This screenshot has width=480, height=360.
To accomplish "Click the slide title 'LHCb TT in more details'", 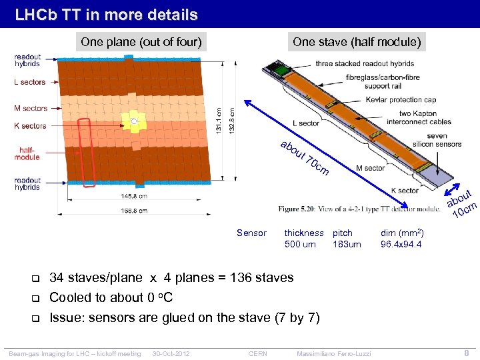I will [x=107, y=14].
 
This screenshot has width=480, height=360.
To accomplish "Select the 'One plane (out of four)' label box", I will [x=141, y=42].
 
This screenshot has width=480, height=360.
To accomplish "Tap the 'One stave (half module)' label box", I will [x=357, y=42].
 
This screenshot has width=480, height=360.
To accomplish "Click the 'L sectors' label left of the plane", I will [x=30, y=82].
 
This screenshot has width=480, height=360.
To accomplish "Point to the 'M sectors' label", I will [x=31, y=108].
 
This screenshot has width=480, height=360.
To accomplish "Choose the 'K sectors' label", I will [x=30, y=125].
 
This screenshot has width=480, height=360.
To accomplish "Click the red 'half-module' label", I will [x=27, y=154].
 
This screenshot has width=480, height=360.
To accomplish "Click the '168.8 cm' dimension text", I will [x=134, y=211].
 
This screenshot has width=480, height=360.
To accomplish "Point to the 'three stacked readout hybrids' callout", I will [x=365, y=64].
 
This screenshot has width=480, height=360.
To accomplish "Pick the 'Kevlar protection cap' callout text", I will [x=401, y=100].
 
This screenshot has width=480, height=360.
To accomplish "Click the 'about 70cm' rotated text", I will [x=304, y=159].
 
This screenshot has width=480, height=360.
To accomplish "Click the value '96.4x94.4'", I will [x=401, y=244].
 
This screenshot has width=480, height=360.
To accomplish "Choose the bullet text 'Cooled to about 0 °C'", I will [x=111, y=297].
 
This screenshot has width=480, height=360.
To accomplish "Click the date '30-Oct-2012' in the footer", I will [x=171, y=353].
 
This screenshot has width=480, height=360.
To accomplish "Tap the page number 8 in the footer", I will [x=467, y=353].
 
